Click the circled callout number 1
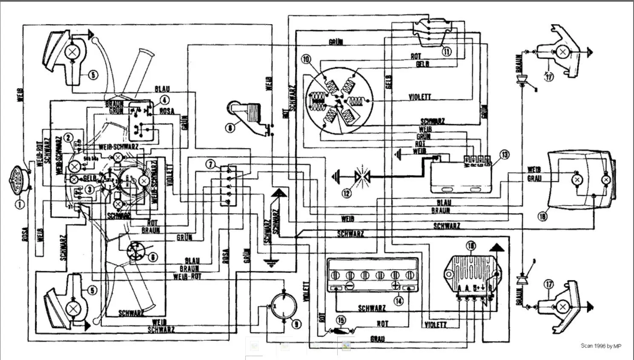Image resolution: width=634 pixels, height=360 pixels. point(20,204)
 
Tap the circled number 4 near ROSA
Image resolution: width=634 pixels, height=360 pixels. point(164,101)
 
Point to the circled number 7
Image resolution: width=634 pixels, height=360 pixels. point(211,164)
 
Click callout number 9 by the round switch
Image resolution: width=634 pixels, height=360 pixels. point(297,324)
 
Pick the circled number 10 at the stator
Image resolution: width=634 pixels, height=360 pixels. point(306,59)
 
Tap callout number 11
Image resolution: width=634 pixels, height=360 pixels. point(446,52)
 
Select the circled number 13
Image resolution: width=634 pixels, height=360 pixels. point(504,154)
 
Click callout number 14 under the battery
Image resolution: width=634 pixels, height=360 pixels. point(398,301)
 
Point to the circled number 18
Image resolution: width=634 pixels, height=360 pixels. point(542,217)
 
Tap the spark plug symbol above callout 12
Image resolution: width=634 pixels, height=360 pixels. point(362,174)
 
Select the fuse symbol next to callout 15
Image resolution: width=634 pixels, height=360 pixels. point(340,331)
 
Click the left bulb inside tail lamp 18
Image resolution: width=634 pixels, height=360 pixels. point(577,180)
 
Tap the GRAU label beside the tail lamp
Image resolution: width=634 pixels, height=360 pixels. point(534,179)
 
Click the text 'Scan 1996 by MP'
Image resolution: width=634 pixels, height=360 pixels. point(601,346)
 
